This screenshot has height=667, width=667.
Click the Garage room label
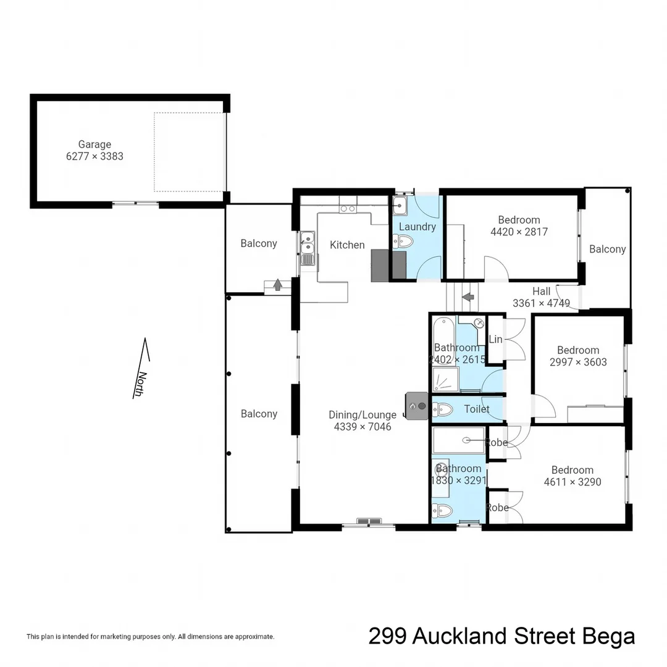pos(94,145)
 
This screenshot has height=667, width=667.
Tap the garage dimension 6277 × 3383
pos(94,156)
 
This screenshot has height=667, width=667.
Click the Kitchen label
pos(347,245)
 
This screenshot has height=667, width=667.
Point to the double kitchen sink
pos(307,248)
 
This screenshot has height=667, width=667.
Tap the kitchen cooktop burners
pos(348,209)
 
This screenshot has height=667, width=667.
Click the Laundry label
pos(417,227)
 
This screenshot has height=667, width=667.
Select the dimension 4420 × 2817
pos(519,232)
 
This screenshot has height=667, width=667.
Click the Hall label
pos(541,292)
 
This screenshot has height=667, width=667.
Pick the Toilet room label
pos(476,409)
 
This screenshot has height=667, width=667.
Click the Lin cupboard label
pos(495,340)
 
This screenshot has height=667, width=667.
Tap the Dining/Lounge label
pos(363,415)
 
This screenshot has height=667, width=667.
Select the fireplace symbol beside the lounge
pos(417,406)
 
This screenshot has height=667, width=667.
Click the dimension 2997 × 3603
pos(578,362)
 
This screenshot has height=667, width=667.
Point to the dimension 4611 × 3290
pos(573,482)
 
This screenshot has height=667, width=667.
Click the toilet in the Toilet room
pos(442,408)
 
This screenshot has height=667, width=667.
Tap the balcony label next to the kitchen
pos(259,243)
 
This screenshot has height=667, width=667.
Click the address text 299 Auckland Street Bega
pos(501,636)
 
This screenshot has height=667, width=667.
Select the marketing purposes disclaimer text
pos(150,636)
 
